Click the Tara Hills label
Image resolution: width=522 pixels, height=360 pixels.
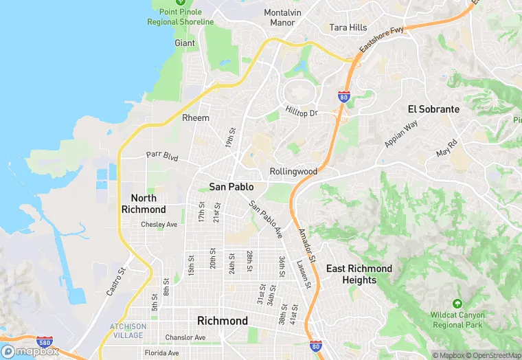348,27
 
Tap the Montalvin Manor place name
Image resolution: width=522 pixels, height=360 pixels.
282,17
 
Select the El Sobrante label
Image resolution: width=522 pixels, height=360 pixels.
433,109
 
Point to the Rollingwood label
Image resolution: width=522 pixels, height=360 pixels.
293,171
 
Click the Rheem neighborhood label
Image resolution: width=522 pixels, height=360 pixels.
196,118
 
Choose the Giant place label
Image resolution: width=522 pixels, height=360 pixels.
185,43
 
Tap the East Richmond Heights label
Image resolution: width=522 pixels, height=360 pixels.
359,274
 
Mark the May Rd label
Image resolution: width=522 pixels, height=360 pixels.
446,148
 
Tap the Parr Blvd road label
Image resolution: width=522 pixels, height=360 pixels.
162,157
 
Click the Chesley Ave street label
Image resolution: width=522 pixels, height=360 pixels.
159,224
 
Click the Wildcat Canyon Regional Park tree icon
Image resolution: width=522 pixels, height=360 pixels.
457,303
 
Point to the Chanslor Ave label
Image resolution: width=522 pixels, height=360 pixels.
185,337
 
